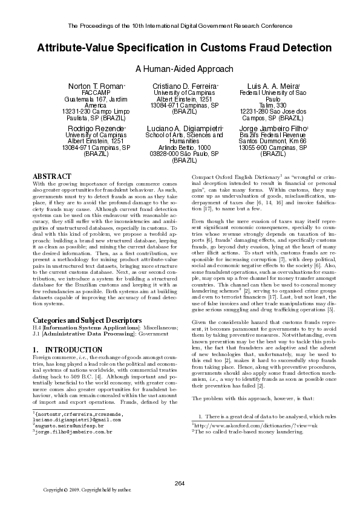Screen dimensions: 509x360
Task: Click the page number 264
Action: pos(180,482)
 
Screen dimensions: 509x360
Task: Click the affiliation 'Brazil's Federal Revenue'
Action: pos(264,135)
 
